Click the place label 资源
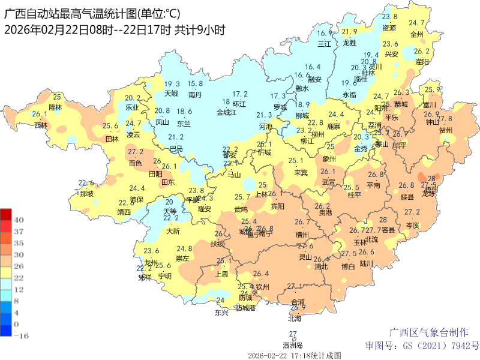(x=389, y=28)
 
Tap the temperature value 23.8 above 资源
(x=389, y=17)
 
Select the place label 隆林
(x=55, y=107)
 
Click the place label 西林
(x=40, y=125)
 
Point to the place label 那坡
(x=86, y=194)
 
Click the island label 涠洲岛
(x=293, y=345)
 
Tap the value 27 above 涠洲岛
(x=293, y=334)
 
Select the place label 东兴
(x=221, y=313)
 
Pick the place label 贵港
(x=325, y=212)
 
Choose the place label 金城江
(x=227, y=112)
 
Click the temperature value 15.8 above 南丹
(x=195, y=84)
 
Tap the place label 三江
(x=324, y=44)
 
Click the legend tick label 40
(x=19, y=220)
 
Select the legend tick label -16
(x=20, y=336)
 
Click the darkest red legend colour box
(x=6, y=214)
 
